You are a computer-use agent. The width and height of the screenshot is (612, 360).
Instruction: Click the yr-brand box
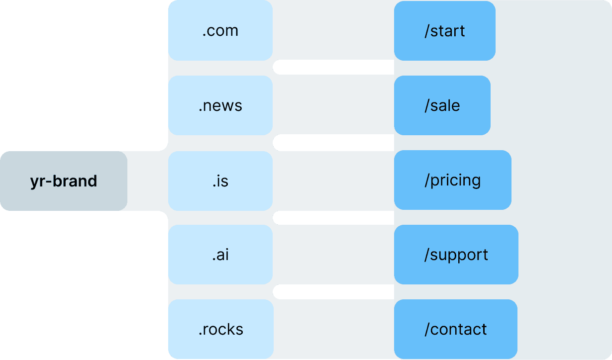click(x=64, y=181)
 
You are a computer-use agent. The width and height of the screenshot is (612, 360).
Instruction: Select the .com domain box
click(x=220, y=31)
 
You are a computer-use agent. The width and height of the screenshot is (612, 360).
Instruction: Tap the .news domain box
click(x=220, y=105)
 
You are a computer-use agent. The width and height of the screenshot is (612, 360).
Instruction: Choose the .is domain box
click(x=220, y=181)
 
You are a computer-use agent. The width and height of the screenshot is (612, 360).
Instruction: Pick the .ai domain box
click(x=220, y=255)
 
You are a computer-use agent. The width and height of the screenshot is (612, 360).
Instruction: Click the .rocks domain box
click(x=221, y=329)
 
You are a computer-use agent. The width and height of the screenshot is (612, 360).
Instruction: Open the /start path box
click(x=444, y=31)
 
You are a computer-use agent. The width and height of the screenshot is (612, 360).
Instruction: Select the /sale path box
click(x=442, y=105)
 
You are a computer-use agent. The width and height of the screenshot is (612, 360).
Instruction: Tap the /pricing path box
click(x=452, y=180)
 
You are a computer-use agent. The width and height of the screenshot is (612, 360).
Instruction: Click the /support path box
click(x=456, y=255)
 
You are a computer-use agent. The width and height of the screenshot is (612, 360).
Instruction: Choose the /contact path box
click(x=455, y=329)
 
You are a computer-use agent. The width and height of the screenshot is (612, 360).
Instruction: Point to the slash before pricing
click(x=427, y=180)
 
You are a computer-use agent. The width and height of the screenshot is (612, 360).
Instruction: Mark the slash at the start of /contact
click(x=427, y=330)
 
